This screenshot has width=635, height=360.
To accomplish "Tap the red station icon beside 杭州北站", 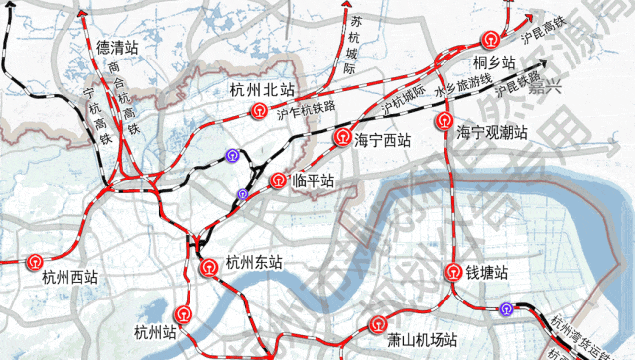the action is [x=259, y=110].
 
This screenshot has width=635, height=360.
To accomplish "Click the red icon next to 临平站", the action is [x=279, y=180].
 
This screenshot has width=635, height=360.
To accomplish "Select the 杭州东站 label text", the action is [x=254, y=264].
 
